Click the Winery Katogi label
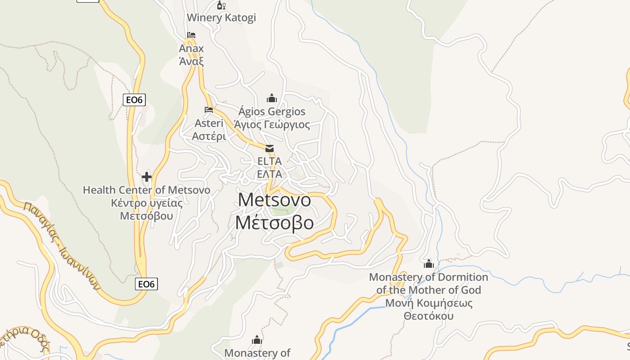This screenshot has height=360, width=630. pos(221,18)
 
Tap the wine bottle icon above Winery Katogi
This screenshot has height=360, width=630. pos(221,5)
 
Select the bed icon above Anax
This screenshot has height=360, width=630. pos(191,35)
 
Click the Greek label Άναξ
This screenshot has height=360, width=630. pos(191,61)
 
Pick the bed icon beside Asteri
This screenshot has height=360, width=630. pos(208,109)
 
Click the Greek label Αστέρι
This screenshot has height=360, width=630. pos(209,136)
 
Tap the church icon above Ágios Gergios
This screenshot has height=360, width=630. pos(272,98)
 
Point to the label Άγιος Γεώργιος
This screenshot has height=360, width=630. pos(272,125)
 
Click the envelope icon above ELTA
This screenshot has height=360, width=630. pos(269,148)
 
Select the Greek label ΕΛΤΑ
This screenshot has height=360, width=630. pos(269,174)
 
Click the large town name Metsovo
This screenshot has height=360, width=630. pos(274,200)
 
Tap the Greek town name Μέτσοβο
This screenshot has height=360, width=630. pos(274,223)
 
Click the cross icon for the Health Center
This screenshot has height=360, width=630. pos(147,177)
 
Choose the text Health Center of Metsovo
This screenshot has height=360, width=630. pos(146,190)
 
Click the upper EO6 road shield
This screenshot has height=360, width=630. pos(134,100)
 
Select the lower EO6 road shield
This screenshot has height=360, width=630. pos(147,284)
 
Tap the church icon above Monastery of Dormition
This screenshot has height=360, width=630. pos(428,263)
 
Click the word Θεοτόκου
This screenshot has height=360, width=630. pos(428,316)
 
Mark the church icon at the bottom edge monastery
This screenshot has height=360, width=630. pos(257,340)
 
